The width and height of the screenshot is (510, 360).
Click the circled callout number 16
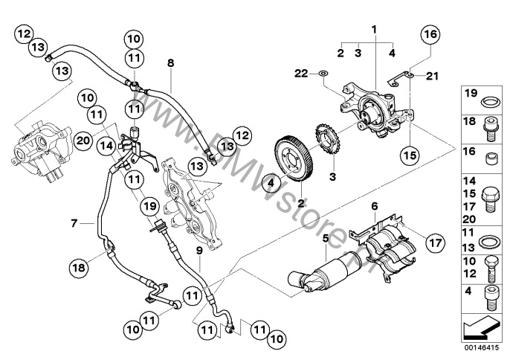click(x=430, y=33)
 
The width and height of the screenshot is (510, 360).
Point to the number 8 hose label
click(x=170, y=64)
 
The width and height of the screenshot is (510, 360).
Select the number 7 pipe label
click(x=74, y=222)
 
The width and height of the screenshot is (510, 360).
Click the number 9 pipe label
click(x=198, y=250)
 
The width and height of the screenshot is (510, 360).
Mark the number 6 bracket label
click(x=375, y=206)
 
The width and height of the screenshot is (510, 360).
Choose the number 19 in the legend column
click(x=470, y=94)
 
